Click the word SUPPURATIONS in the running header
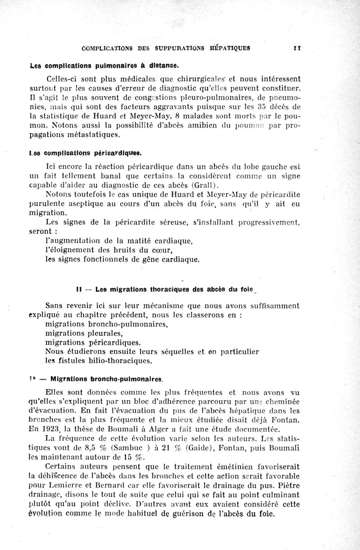click(180, 47)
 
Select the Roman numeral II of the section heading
click(79, 289)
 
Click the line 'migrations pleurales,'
click(84, 333)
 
